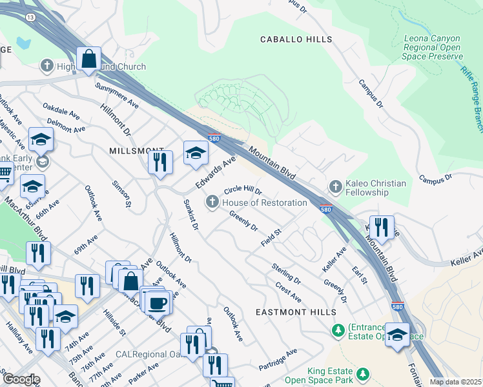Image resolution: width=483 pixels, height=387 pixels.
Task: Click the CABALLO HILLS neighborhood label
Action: [296, 39]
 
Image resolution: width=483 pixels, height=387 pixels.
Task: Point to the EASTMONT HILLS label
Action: [296, 312]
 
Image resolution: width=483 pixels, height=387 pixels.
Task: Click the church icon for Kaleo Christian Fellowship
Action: [334, 187]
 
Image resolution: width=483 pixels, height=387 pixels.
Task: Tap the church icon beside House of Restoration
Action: [211, 203]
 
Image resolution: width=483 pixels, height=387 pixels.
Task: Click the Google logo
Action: [21, 379]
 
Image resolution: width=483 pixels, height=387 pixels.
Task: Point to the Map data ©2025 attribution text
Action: [455, 382]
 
